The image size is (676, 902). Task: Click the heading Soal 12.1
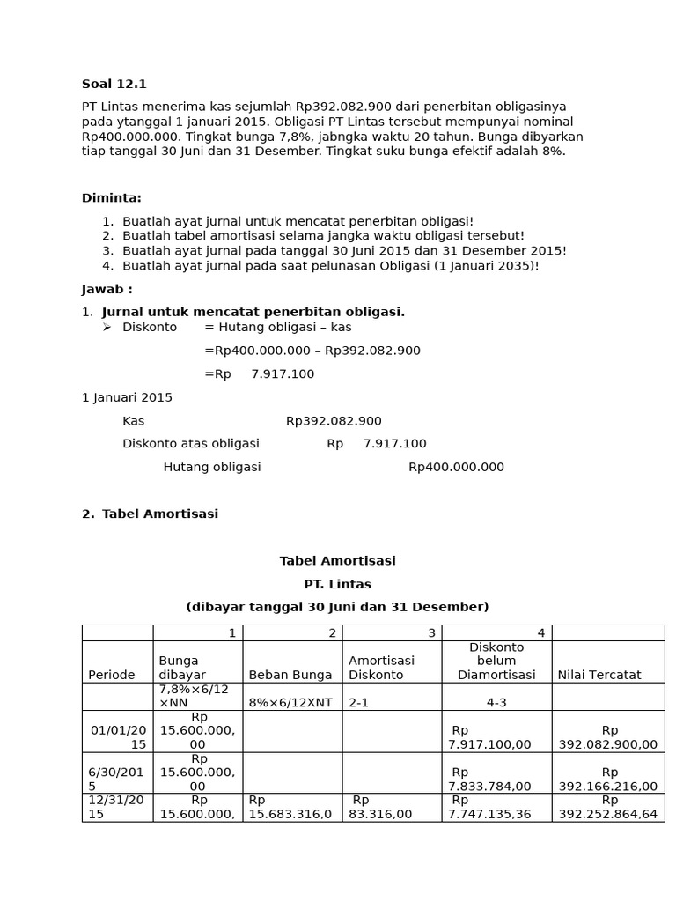(x=114, y=84)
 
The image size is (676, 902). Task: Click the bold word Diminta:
(x=111, y=197)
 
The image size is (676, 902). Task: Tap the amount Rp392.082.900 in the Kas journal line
(x=334, y=421)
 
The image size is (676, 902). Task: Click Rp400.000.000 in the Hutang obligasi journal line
(x=456, y=467)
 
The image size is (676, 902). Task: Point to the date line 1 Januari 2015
(x=127, y=397)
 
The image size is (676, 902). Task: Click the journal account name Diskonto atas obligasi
(x=190, y=444)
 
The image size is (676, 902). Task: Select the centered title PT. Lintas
(x=337, y=584)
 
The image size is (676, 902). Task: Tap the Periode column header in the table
(x=112, y=675)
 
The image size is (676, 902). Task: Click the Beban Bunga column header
(x=290, y=675)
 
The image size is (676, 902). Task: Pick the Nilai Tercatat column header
(x=599, y=675)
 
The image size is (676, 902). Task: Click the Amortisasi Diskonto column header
(x=381, y=668)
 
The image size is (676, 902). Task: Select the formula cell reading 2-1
(x=360, y=704)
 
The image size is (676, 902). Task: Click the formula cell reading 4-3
(x=496, y=704)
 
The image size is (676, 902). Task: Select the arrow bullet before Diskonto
(x=107, y=327)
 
